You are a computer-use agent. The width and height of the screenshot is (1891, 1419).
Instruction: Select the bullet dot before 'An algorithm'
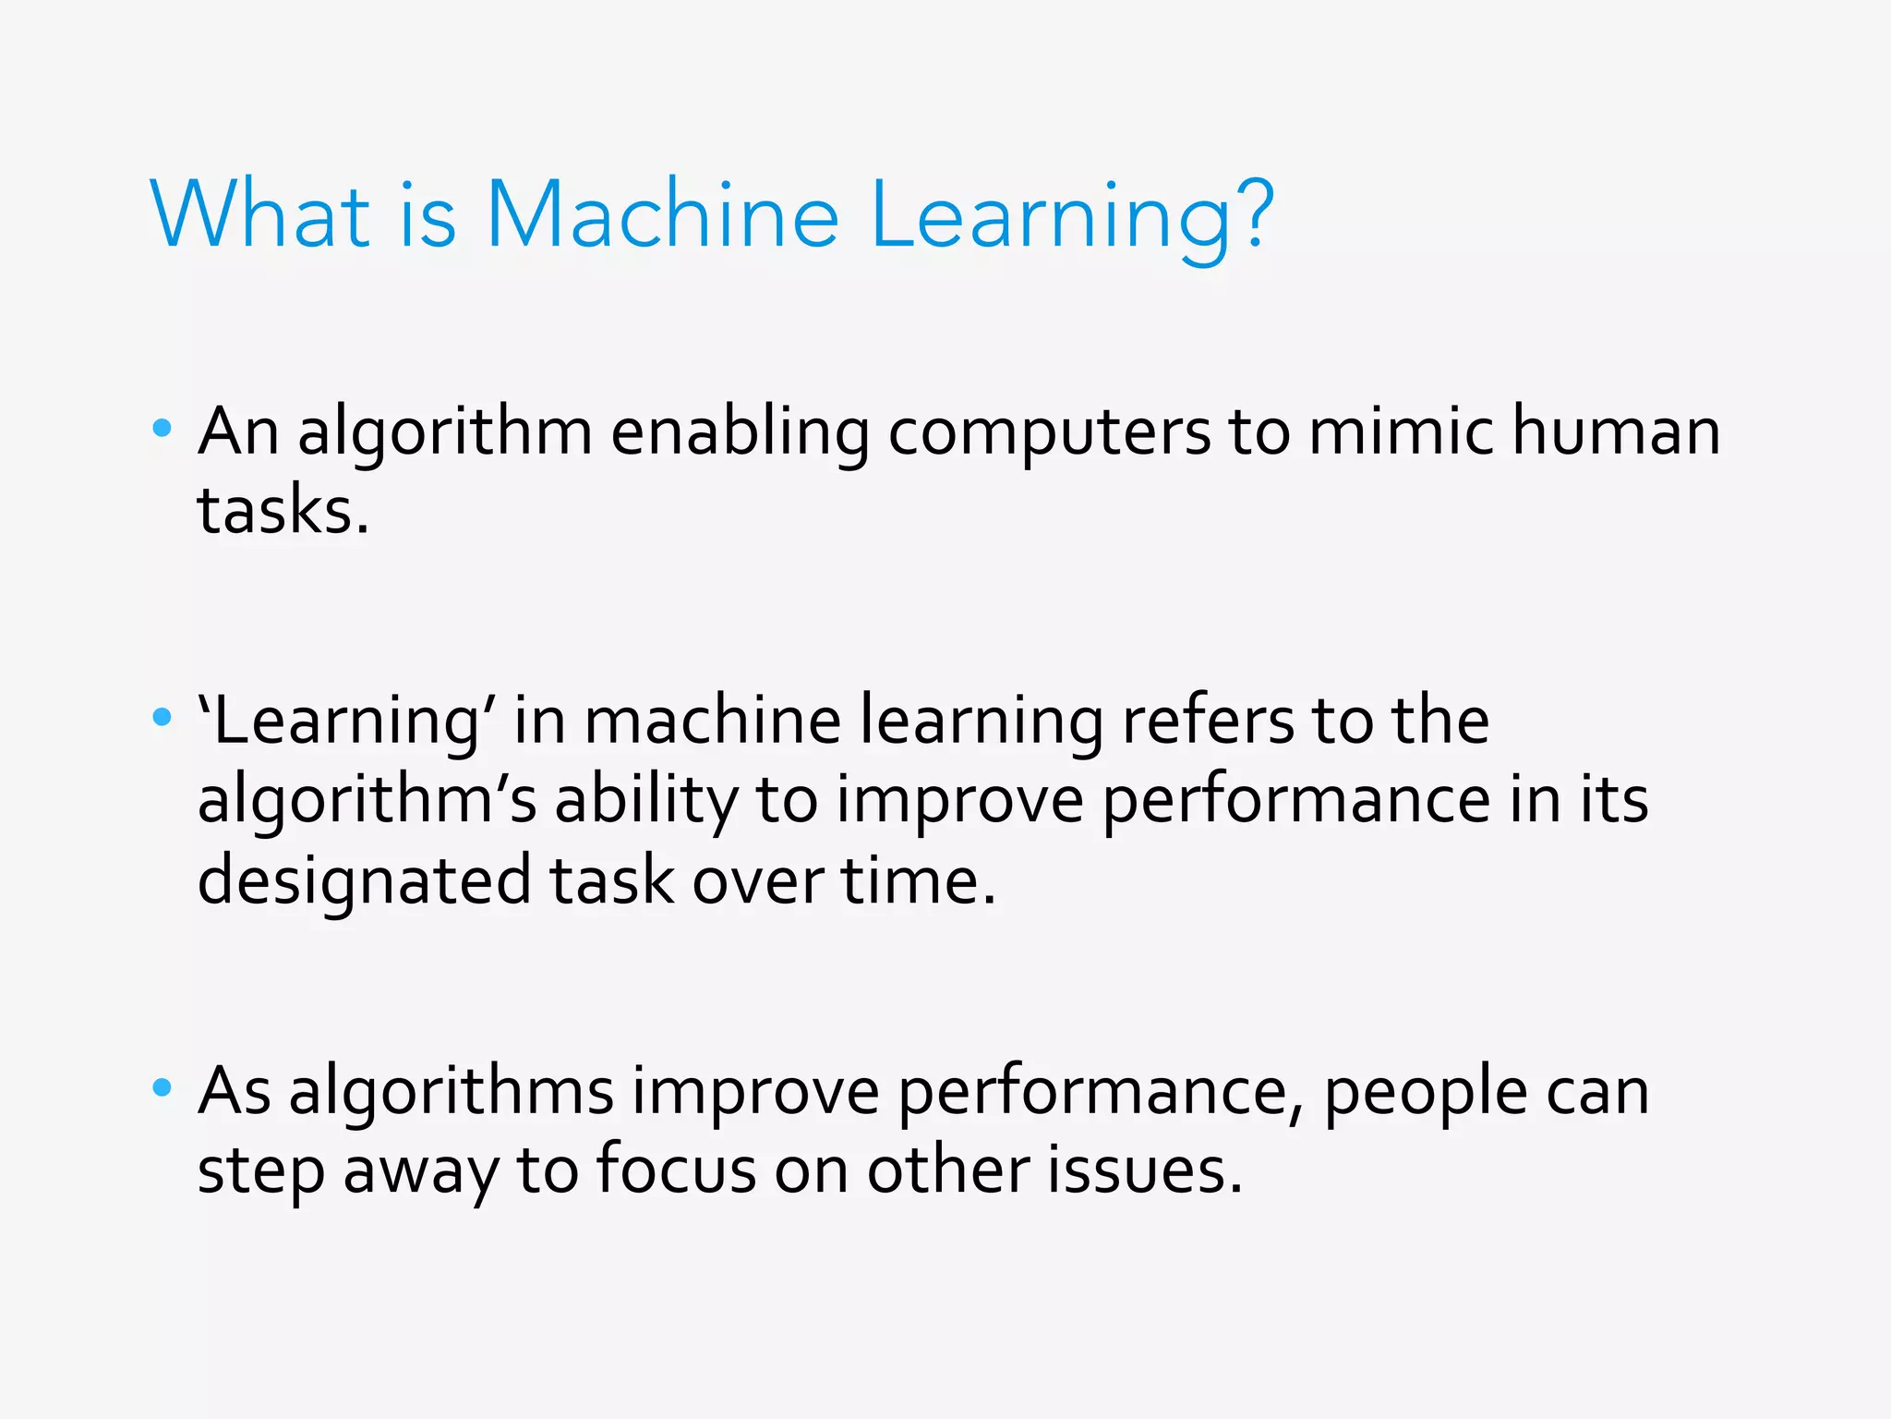(163, 428)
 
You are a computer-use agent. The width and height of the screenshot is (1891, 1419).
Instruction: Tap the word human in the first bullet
(1616, 432)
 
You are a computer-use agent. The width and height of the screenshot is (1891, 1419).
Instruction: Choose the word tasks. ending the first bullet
(283, 511)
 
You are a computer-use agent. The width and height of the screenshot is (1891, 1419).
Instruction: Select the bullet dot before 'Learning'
(163, 717)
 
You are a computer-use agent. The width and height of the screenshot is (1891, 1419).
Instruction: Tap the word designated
(364, 880)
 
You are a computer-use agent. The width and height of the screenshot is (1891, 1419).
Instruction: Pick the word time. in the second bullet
(919, 880)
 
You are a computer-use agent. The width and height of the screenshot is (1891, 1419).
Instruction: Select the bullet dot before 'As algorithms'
(163, 1087)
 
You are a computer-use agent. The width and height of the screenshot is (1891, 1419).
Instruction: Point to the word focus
(677, 1170)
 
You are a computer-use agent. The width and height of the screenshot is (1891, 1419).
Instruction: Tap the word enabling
(740, 432)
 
